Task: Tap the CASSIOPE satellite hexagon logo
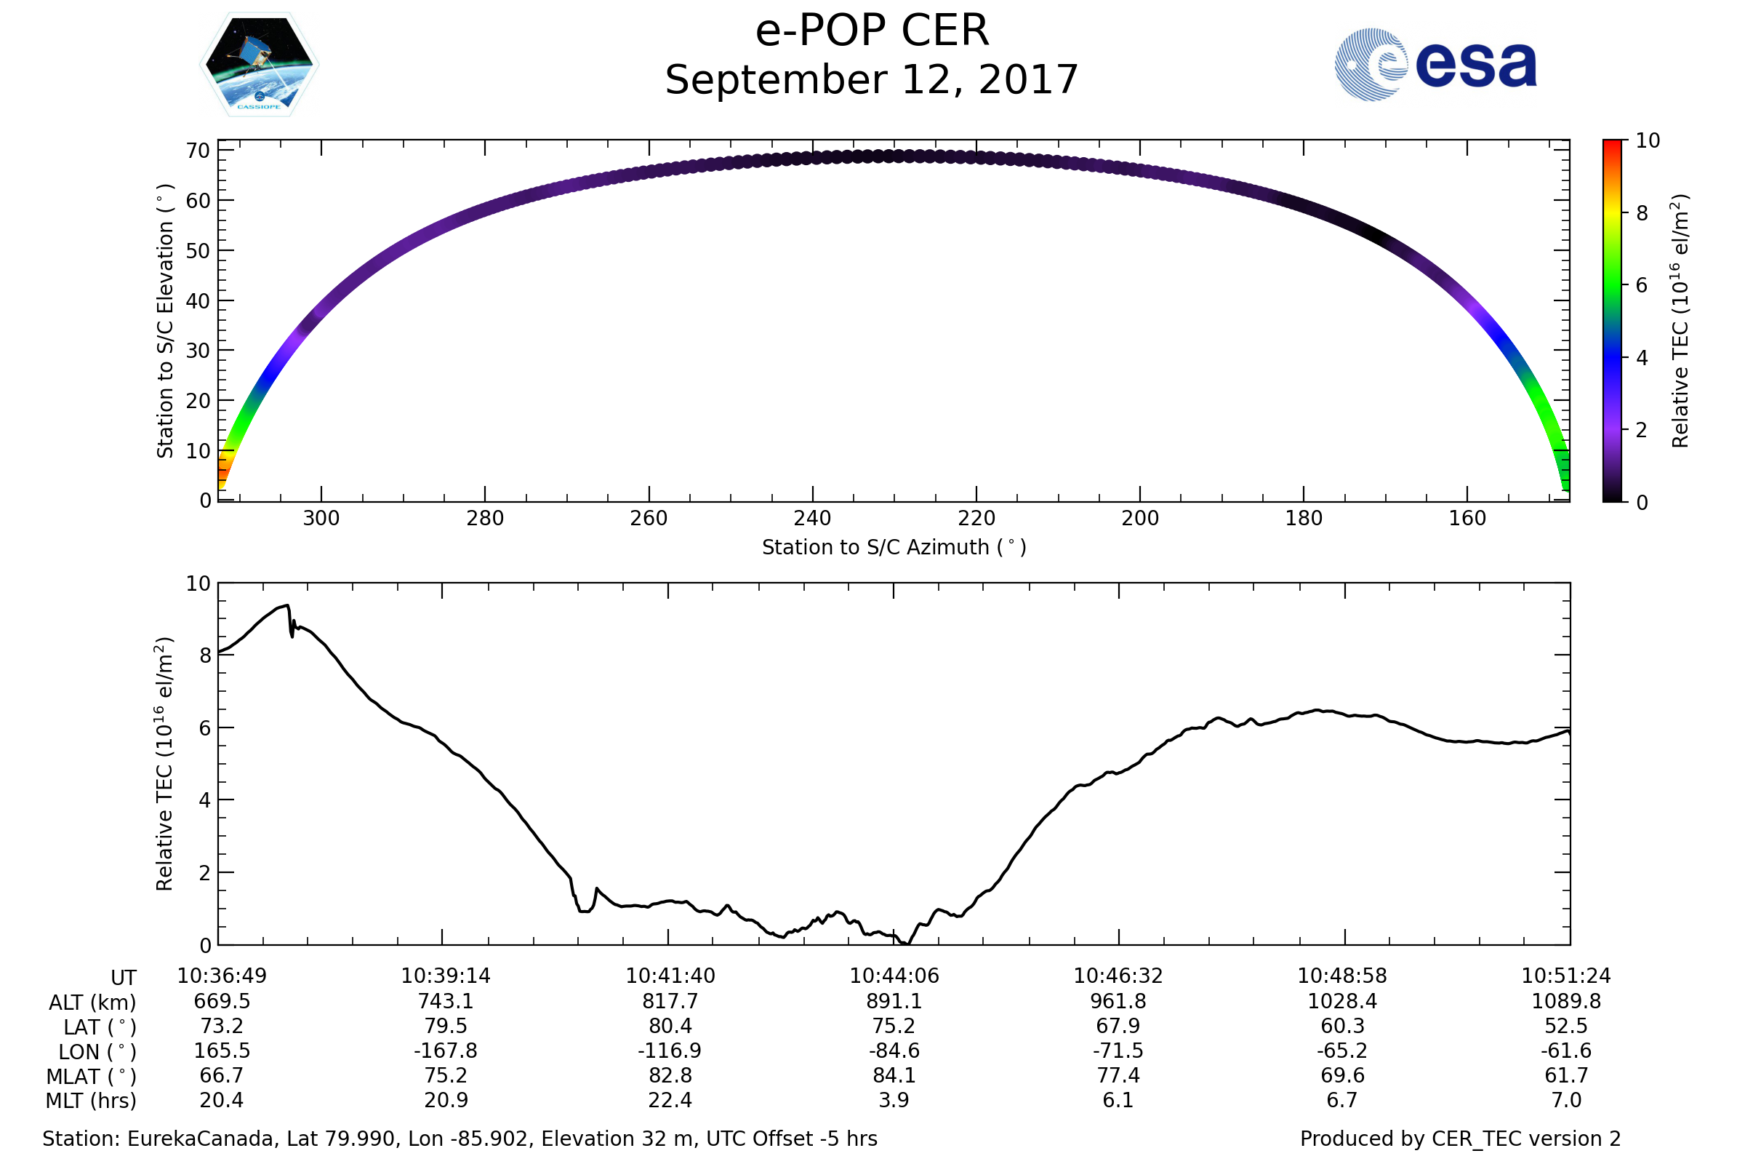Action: pyautogui.click(x=260, y=65)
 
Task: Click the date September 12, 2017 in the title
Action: pyautogui.click(x=872, y=80)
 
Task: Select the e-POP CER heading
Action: pyautogui.click(x=872, y=31)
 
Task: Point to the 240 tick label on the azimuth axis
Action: pyautogui.click(x=812, y=518)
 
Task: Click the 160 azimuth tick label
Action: pyautogui.click(x=1467, y=518)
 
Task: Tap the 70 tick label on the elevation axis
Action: pyautogui.click(x=197, y=151)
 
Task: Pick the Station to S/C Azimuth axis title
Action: pyautogui.click(x=894, y=547)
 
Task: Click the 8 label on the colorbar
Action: pyautogui.click(x=1642, y=214)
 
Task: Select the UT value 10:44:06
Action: pyautogui.click(x=894, y=976)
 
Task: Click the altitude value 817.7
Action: pyautogui.click(x=670, y=1001)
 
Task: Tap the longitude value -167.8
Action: pyautogui.click(x=446, y=1051)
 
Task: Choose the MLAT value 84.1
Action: pyautogui.click(x=894, y=1075)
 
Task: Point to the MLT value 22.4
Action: pyautogui.click(x=670, y=1100)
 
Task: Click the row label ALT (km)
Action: pyautogui.click(x=93, y=1002)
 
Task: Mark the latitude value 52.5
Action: pyautogui.click(x=1566, y=1026)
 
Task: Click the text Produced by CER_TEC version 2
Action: pyautogui.click(x=1460, y=1139)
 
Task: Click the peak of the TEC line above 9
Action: pyautogui.click(x=287, y=605)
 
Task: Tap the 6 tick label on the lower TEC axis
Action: pyautogui.click(x=205, y=728)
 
